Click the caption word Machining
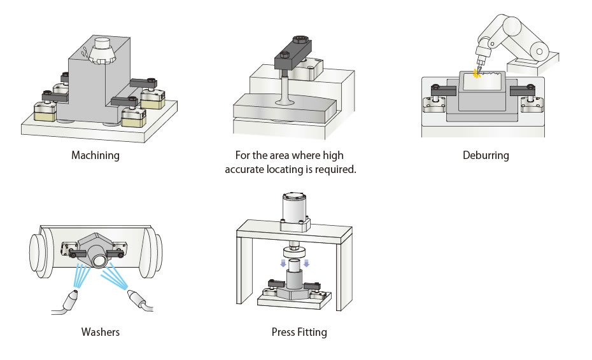[96, 155]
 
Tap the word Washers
[100, 331]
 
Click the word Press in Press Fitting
[283, 331]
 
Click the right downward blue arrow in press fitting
[306, 263]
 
